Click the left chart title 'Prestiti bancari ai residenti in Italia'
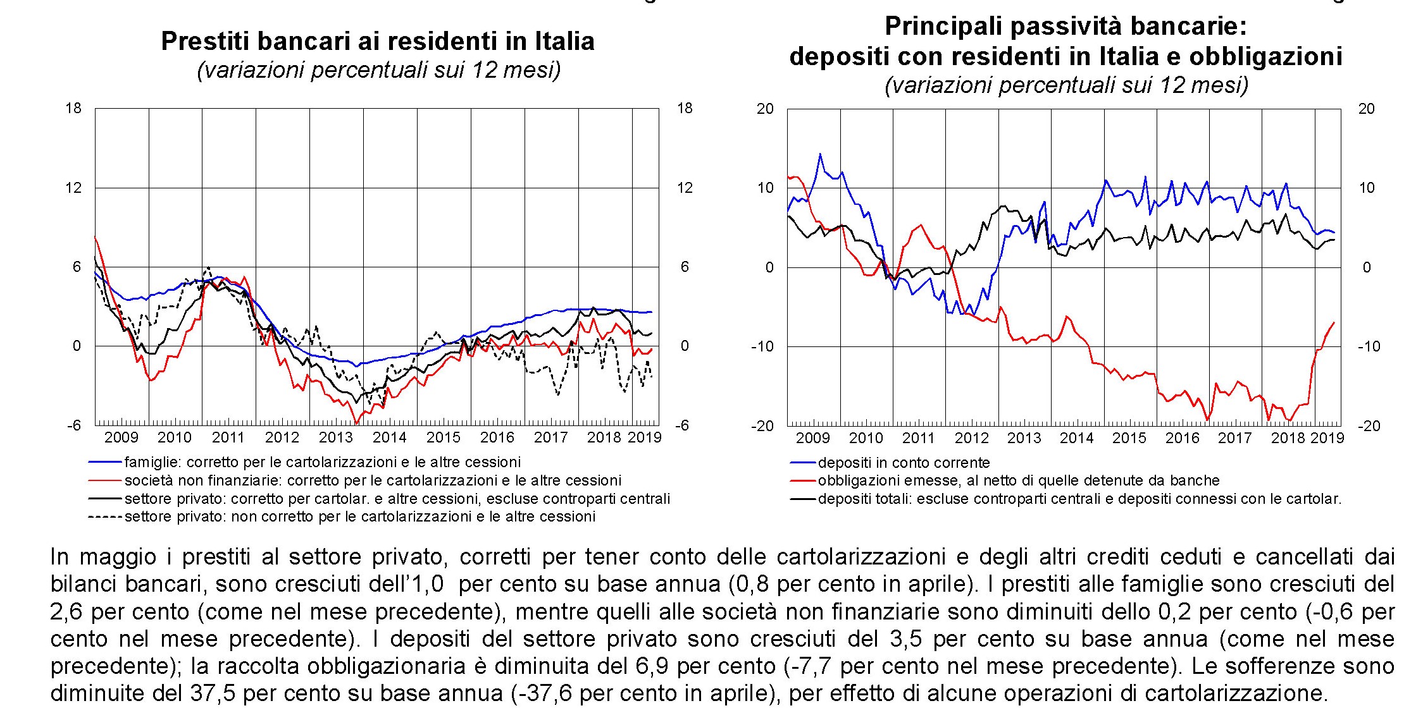[378, 42]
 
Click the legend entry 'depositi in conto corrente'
[903, 463]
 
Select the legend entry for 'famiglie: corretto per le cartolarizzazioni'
[322, 462]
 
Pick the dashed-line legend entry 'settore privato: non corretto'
[359, 517]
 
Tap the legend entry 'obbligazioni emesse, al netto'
[1018, 480]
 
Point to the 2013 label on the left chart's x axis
[335, 437]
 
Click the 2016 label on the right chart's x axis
[1182, 438]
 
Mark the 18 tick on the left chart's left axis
[74, 108]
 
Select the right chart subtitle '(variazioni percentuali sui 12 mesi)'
[1066, 85]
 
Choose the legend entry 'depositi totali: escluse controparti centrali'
[1079, 499]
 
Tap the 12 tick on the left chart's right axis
[685, 188]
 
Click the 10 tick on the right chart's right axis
[1367, 188]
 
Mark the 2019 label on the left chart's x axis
[645, 437]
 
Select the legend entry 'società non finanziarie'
[373, 480]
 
